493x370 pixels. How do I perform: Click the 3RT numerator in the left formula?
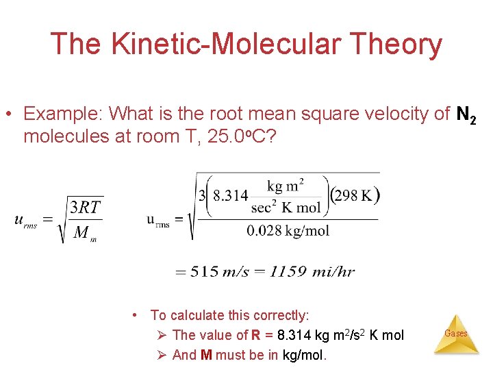(86, 206)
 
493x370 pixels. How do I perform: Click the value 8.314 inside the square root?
(231, 195)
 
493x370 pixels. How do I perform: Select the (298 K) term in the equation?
(355, 195)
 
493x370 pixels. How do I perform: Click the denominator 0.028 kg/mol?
(288, 230)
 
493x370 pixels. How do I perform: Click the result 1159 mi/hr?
(312, 271)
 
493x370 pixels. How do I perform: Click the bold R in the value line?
(255, 335)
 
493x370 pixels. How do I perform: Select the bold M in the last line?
(206, 355)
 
